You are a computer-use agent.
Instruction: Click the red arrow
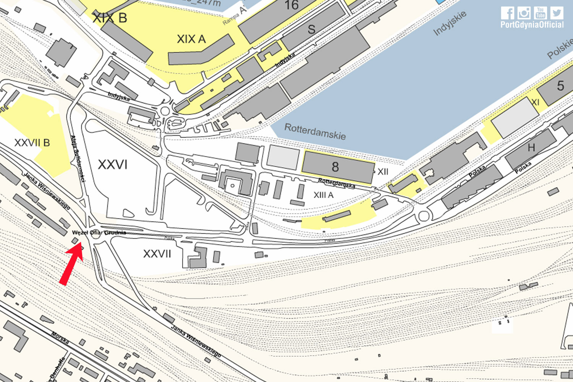pos(71,264)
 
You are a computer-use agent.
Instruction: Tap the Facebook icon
pos(507,13)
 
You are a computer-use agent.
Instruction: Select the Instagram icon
pos(524,13)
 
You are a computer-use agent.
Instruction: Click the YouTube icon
pos(540,13)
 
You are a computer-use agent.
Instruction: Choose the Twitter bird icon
pos(557,13)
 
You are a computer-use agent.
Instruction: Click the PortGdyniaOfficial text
pos(532,25)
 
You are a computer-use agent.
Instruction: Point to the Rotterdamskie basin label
pos(315,131)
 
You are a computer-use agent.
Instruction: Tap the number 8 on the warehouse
pos(335,167)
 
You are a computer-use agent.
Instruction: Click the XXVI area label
pos(112,165)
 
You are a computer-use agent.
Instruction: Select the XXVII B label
pos(32,143)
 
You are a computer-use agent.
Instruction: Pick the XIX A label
pos(191,39)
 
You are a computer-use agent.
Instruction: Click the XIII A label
pos(324,195)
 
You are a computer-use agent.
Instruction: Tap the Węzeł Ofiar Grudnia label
pos(99,232)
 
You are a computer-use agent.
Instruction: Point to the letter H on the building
pos(531,147)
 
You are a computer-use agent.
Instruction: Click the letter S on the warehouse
pos(311,29)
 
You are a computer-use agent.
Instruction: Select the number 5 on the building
pos(560,86)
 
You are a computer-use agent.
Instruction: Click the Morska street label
pos(60,338)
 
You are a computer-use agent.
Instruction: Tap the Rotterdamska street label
pos(337,183)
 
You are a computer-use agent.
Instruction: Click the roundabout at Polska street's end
pos(424,216)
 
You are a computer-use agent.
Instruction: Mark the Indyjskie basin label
pos(450,23)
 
